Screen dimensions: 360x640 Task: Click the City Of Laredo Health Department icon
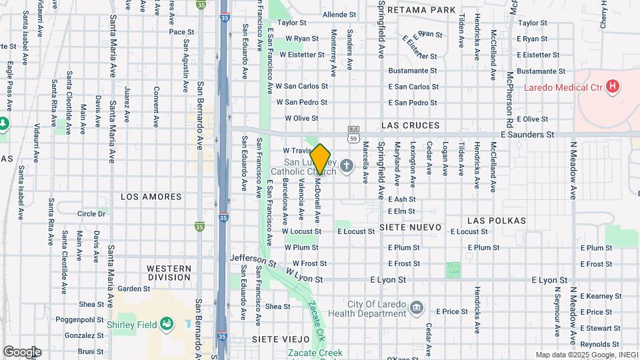pos(417,307)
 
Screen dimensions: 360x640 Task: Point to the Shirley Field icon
pos(167,325)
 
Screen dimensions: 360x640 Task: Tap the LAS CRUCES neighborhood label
pos(411,125)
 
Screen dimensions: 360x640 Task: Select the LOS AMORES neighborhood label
pos(151,197)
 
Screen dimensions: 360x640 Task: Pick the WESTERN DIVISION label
pos(169,272)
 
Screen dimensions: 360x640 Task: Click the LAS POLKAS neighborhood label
pos(497,220)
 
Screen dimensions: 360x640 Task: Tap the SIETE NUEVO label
pos(411,227)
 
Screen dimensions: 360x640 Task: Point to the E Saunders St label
pos(527,134)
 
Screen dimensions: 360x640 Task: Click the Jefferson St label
pos(253,259)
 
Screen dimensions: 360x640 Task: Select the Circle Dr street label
pos(92,213)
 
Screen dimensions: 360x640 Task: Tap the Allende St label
pos(339,14)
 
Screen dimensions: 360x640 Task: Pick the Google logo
pos(22,351)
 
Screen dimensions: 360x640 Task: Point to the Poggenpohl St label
pos(77,319)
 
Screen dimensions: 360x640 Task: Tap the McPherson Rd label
pos(509,100)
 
